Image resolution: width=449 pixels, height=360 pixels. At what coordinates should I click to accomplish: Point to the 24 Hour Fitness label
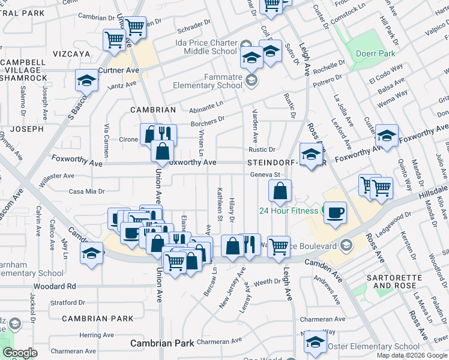coord(288,211)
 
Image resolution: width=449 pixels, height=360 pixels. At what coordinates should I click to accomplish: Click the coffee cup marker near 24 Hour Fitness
coord(336,212)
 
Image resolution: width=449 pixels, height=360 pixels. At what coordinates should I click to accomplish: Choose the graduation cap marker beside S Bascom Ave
coord(86,81)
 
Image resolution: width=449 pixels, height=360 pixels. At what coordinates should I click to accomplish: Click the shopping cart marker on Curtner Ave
coord(114,40)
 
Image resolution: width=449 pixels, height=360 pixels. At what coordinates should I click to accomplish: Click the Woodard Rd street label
coord(55,287)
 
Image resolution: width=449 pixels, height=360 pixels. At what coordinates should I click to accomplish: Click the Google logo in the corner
coord(19,353)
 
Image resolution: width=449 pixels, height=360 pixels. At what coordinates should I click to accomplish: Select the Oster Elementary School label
coord(378,346)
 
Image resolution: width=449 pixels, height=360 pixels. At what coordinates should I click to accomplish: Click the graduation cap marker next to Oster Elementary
coord(315,342)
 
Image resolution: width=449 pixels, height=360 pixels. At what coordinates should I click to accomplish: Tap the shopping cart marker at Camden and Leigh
coord(279,246)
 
